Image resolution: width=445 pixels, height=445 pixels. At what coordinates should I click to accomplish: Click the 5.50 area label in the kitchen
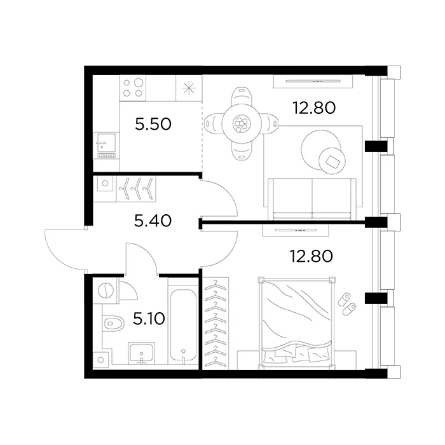pos(153,124)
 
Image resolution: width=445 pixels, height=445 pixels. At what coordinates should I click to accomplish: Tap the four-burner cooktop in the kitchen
pos(133,87)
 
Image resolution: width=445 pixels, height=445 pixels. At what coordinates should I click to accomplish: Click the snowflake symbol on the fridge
pos(188,88)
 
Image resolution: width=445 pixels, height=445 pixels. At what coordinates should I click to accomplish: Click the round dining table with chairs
pos(242,123)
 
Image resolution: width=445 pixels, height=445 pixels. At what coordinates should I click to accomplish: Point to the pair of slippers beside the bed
pos(347,304)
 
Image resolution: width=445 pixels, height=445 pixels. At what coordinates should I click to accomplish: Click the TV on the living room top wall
pos(311,79)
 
